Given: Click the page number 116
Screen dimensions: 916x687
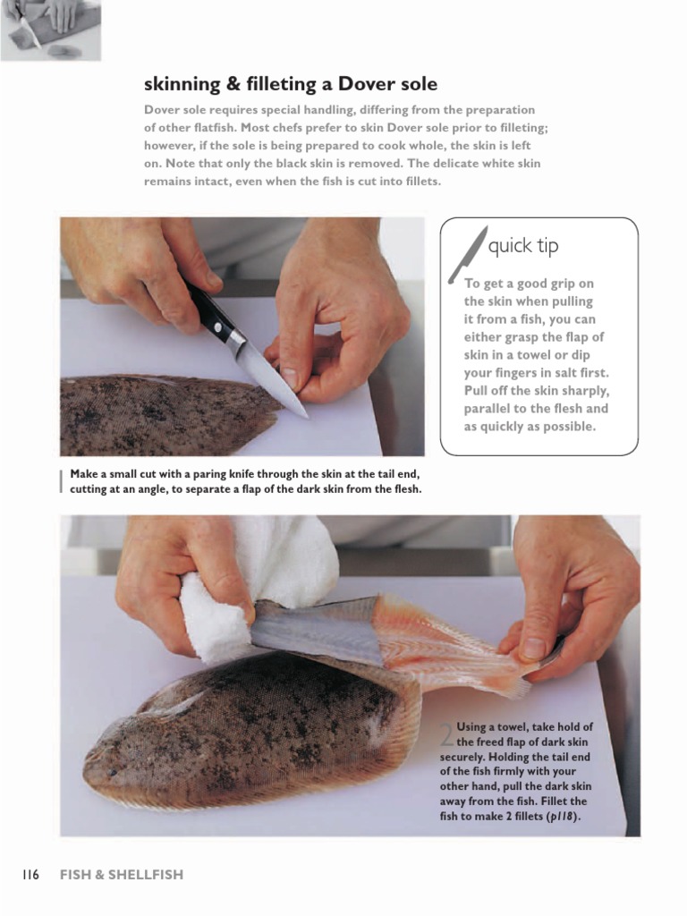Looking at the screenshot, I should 30,875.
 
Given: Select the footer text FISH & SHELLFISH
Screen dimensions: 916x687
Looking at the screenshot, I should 121,875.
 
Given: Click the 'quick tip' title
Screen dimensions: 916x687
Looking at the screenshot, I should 523,246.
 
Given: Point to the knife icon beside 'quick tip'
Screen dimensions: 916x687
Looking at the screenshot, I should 468,255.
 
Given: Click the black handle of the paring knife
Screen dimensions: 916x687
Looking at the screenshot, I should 212,316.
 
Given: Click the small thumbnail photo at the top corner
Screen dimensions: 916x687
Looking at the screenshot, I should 51,30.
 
